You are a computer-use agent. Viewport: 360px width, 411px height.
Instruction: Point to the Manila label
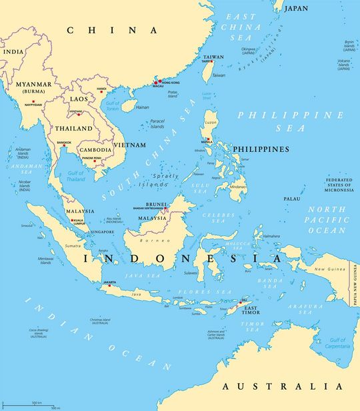point(207,142)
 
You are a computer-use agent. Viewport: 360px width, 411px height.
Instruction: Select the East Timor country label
point(251,310)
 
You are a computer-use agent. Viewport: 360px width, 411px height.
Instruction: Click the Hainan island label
point(142,107)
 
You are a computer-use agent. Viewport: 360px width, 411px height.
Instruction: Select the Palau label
point(291,199)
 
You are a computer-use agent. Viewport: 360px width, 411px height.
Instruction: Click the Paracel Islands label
point(157,124)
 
